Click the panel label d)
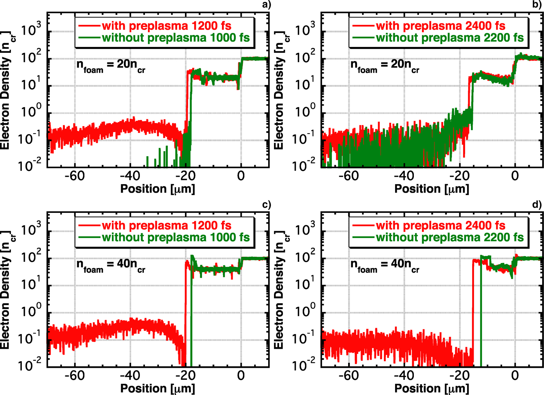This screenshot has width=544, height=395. click(x=537, y=204)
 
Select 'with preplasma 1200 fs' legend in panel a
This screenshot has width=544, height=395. click(x=166, y=26)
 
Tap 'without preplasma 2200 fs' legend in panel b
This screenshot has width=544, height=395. click(x=450, y=38)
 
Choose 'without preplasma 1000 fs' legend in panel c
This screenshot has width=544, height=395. click(x=176, y=237)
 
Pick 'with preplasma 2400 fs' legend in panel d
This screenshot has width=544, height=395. click(x=440, y=226)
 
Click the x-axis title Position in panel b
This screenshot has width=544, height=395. click(x=432, y=189)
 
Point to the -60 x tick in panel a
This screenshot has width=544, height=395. click(x=74, y=176)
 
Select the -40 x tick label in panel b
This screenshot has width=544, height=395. click(x=404, y=176)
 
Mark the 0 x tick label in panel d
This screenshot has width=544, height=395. click(x=515, y=376)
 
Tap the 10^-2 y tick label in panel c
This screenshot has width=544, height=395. click(x=30, y=364)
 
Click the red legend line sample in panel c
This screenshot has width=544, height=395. click(x=89, y=226)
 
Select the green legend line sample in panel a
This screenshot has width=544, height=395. click(x=89, y=38)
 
